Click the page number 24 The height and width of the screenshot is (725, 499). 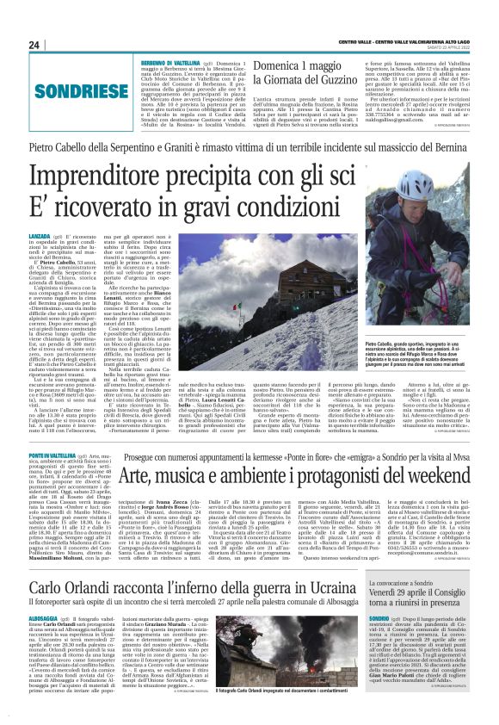[35, 45]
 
